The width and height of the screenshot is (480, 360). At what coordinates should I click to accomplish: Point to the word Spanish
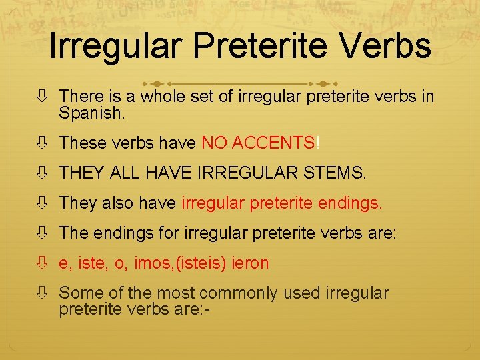pyautogui.click(x=91, y=113)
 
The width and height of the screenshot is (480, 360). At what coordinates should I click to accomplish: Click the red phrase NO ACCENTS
pyautogui.click(x=258, y=143)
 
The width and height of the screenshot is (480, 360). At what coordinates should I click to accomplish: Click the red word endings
pyautogui.click(x=349, y=203)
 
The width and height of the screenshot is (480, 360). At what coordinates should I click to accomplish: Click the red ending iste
pyautogui.click(x=91, y=263)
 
